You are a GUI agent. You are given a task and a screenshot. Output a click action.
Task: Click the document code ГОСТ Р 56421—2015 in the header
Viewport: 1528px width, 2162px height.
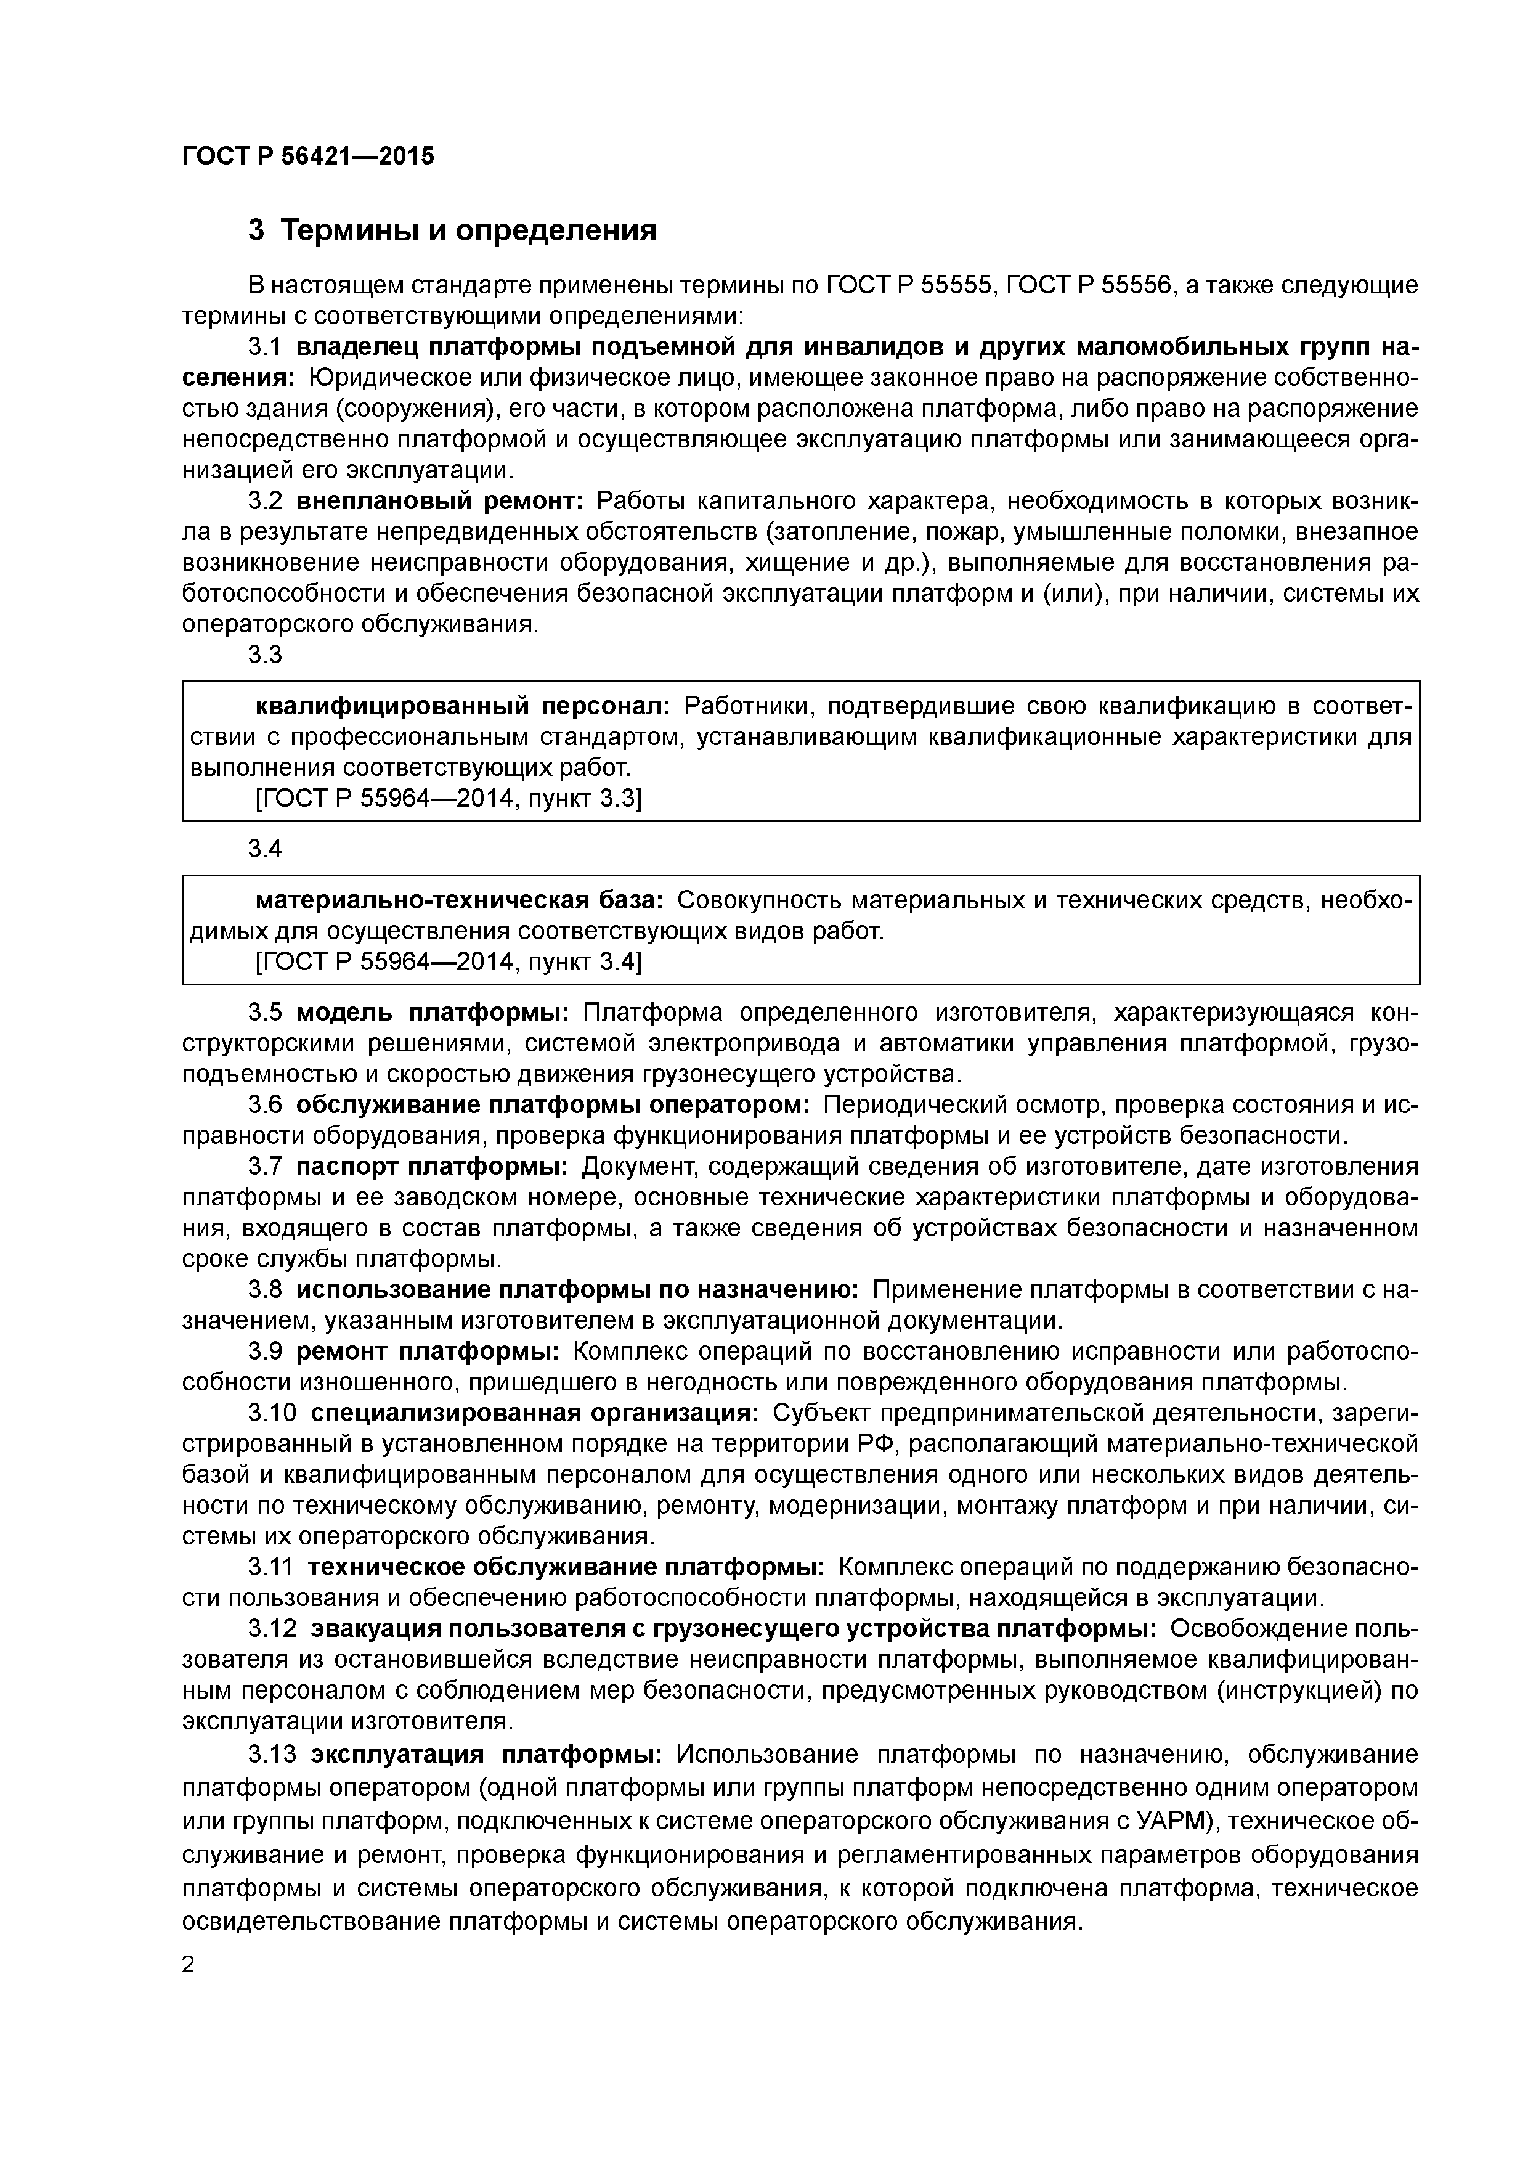click(308, 157)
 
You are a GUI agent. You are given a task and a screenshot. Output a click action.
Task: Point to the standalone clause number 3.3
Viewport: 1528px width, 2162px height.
click(264, 655)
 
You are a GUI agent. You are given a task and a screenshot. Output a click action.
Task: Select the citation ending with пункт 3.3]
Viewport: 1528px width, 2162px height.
click(448, 799)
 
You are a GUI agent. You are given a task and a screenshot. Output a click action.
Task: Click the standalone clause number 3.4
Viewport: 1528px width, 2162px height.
click(264, 849)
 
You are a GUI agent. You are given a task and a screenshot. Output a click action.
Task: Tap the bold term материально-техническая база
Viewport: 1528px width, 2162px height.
click(460, 900)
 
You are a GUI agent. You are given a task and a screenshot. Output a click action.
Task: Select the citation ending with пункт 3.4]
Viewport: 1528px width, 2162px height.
click(448, 962)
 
